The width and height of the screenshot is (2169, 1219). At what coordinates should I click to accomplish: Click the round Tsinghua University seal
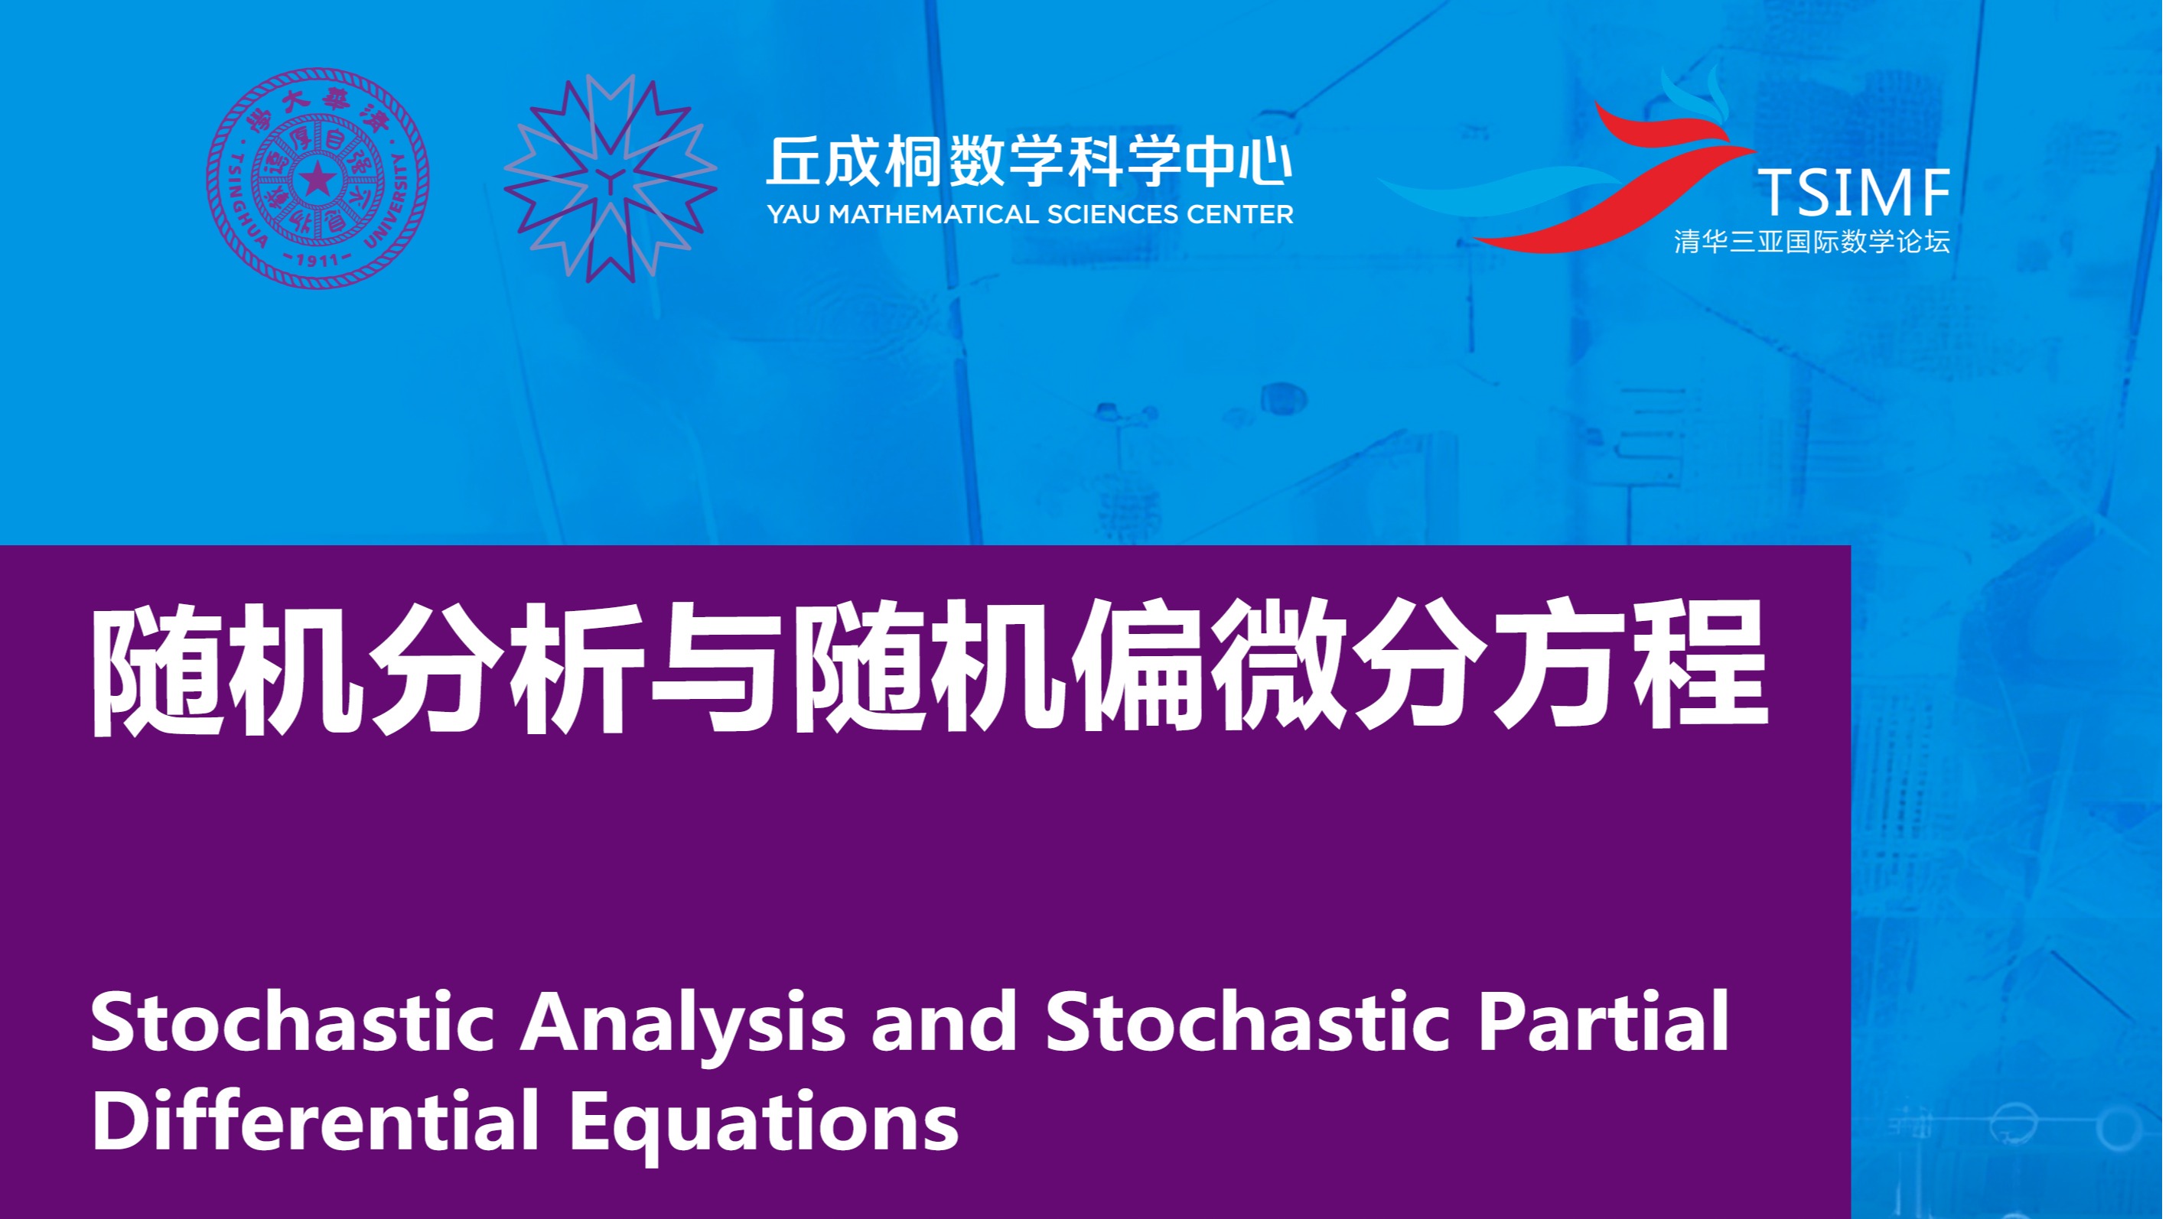pos(318,178)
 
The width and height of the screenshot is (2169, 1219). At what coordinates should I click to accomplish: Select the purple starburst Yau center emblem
pos(611,178)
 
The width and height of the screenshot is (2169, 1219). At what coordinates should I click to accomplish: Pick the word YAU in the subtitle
pos(794,216)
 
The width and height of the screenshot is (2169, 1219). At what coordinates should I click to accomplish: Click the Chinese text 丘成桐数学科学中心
pos(1029,161)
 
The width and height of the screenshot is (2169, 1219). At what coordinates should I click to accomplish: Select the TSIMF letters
pos(1853,193)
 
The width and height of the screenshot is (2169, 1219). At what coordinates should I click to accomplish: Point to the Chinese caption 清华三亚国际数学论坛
pos(1812,242)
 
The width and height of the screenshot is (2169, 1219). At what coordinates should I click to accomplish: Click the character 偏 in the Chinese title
pos(1141,667)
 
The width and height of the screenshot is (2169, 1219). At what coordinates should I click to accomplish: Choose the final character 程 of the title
pos(1701,667)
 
